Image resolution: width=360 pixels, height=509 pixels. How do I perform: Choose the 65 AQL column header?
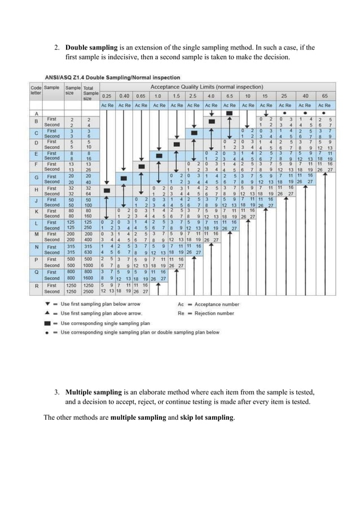point(324,96)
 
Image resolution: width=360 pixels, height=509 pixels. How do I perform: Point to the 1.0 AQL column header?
point(160,96)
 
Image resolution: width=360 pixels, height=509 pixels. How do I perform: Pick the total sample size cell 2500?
point(88,292)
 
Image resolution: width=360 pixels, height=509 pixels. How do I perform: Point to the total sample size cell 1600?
point(88,278)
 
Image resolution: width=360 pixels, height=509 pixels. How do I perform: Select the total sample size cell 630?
point(88,252)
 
